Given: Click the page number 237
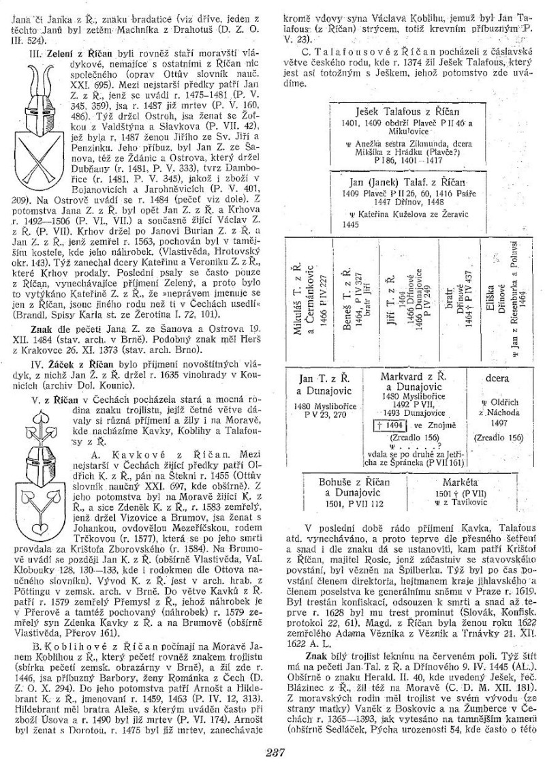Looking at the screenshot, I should pos(272,751).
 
